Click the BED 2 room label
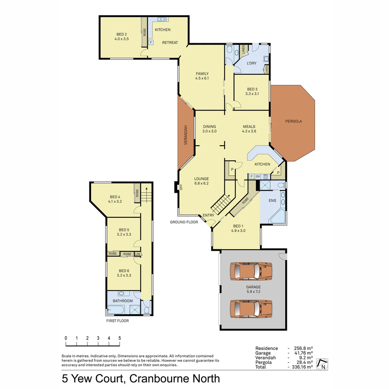pyautogui.click(x=121, y=34)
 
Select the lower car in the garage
pyautogui.click(x=251, y=309)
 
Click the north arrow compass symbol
pyautogui.click(x=322, y=364)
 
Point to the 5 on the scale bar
pyautogui.click(x=119, y=338)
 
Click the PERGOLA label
pyautogui.click(x=293, y=121)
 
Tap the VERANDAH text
pyautogui.click(x=186, y=135)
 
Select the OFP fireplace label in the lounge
pyautogui.click(x=181, y=187)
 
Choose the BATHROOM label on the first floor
pyautogui.click(x=122, y=301)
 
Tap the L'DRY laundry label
pyautogui.click(x=251, y=63)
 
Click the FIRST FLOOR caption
pyautogui.click(x=117, y=321)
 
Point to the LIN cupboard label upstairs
pyautogui.click(x=138, y=254)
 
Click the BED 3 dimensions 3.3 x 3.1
pyautogui.click(x=252, y=94)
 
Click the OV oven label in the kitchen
pyautogui.click(x=258, y=176)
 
